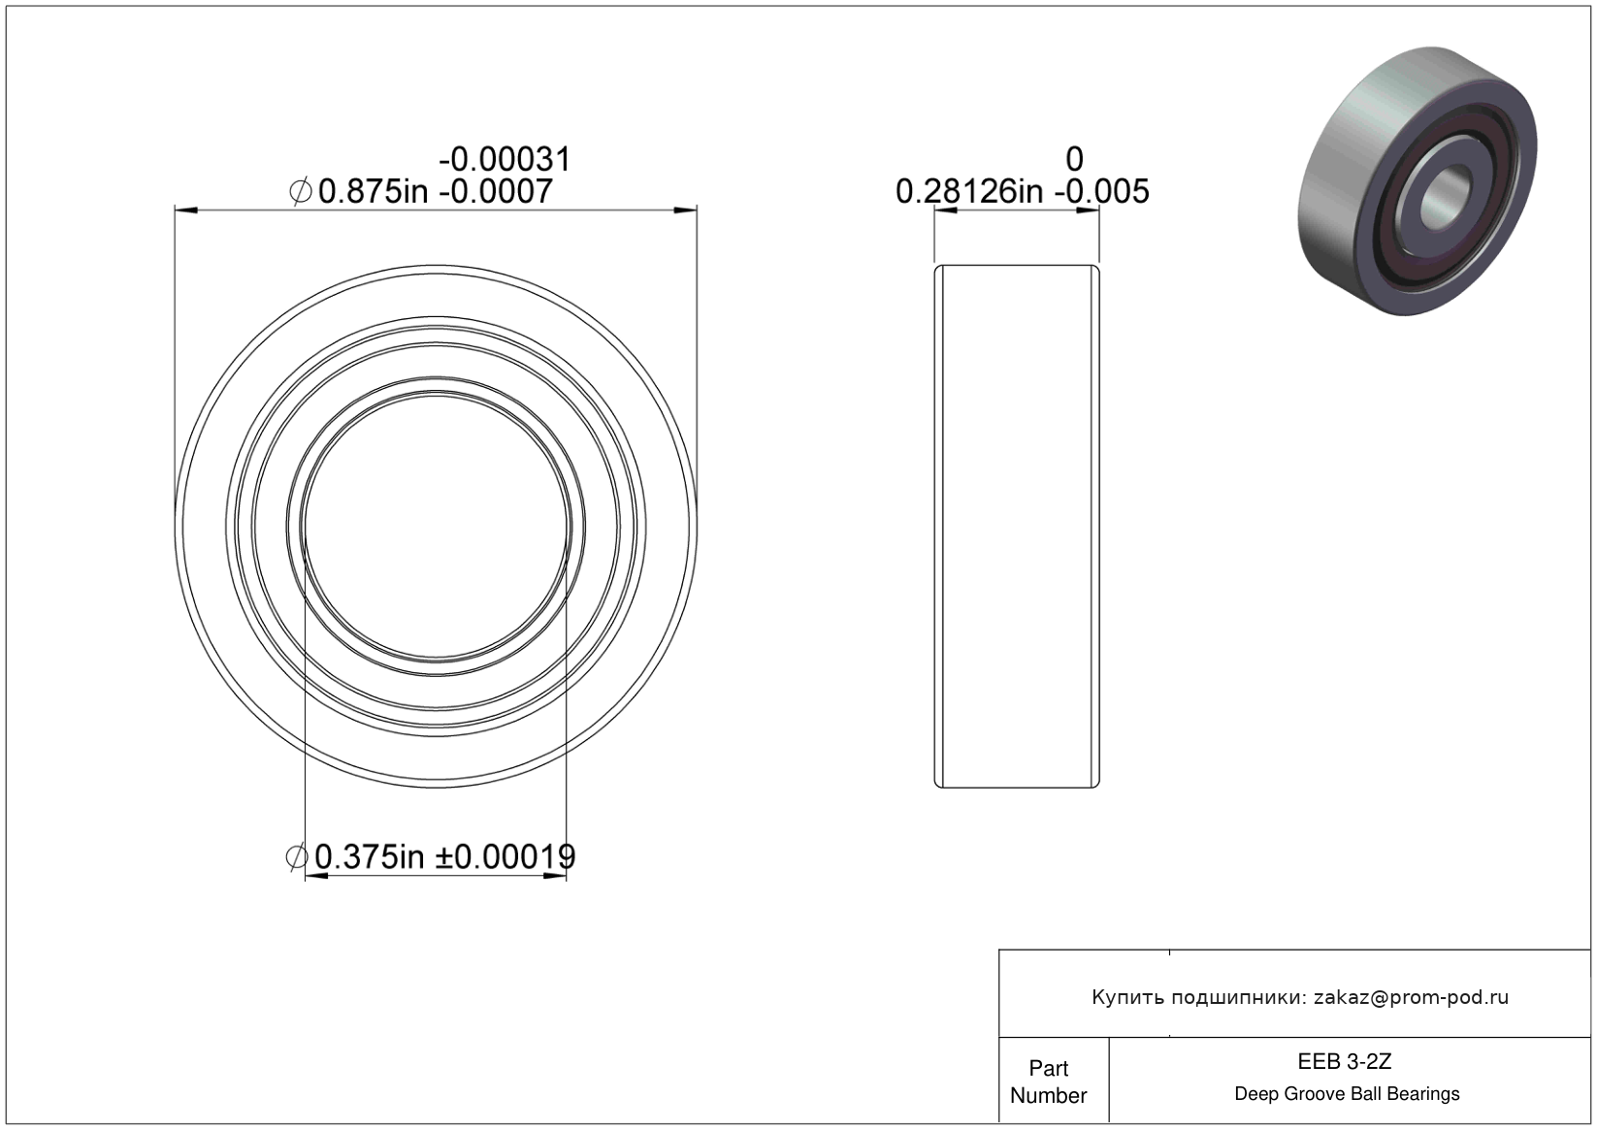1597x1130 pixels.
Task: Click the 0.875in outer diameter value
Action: click(x=373, y=191)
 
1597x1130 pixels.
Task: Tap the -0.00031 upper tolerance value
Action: click(x=505, y=159)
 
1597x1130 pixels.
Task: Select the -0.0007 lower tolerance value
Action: click(x=496, y=191)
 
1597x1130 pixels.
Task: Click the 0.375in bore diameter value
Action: click(x=370, y=856)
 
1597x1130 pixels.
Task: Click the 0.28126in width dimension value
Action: click(x=969, y=191)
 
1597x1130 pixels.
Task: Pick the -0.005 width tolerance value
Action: click(x=1101, y=191)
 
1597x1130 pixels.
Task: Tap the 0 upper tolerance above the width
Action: click(x=1074, y=159)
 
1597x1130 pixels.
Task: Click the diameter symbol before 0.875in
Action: click(x=301, y=191)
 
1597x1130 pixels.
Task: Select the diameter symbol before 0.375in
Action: click(x=297, y=856)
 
